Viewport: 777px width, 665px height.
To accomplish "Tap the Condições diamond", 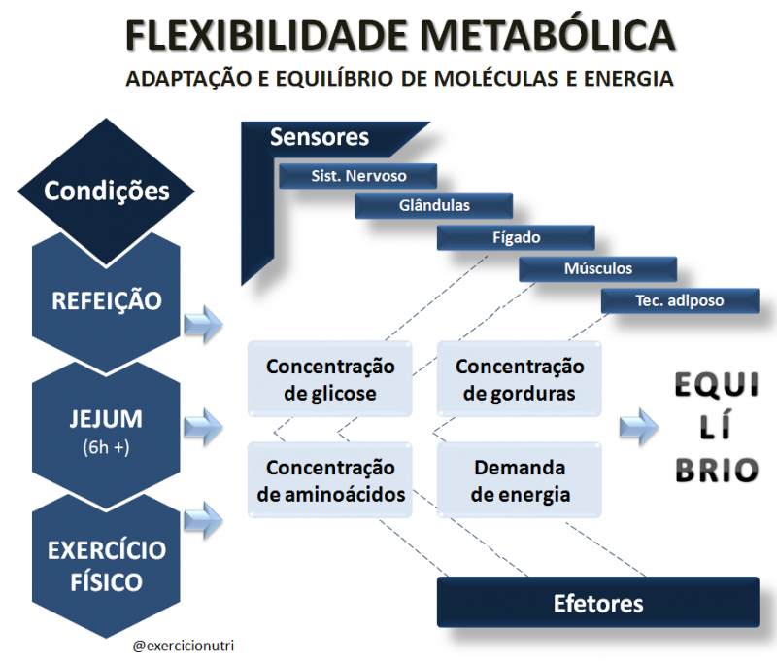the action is pos(106,192).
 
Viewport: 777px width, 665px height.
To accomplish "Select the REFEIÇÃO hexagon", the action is pos(106,301).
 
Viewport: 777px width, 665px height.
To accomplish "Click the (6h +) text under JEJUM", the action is pos(106,447).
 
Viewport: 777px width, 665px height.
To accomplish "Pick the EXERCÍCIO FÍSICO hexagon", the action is pos(106,565).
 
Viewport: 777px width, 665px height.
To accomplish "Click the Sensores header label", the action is pos(320,137).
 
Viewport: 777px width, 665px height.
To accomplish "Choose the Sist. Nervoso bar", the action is pos(357,176).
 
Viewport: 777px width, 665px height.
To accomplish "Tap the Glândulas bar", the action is pos(433,206).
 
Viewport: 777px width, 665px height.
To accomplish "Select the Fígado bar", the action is pos(516,237).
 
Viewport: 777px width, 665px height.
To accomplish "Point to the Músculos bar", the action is pos(598,268).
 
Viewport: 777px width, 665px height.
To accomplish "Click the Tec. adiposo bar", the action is pos(680,300).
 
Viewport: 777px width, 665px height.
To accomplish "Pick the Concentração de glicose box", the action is pos(330,379).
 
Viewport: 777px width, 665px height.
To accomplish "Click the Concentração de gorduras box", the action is pos(520,379).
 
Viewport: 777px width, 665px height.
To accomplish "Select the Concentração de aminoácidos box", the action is pos(330,480).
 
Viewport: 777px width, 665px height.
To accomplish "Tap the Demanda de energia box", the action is pos(520,480).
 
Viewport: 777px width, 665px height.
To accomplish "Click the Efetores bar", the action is pos(598,603).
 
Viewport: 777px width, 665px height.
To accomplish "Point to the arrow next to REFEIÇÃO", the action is pos(203,325).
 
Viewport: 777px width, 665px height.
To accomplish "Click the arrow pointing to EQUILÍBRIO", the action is pos(639,427).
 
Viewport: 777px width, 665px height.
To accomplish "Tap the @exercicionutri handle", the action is pos(184,646).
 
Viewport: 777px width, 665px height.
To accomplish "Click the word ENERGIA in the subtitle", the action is pos(628,79).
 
